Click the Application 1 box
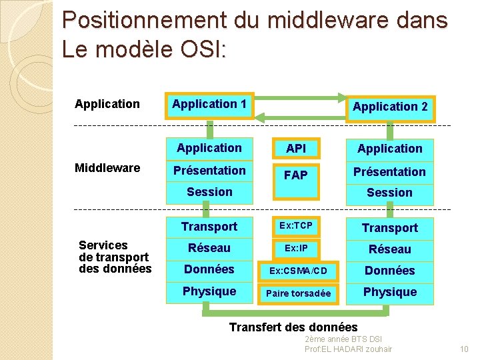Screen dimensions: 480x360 (x=209, y=104)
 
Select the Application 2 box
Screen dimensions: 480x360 (x=390, y=107)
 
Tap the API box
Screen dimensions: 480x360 (x=295, y=148)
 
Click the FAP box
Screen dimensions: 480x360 (x=295, y=175)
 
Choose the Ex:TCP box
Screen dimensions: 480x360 (x=295, y=226)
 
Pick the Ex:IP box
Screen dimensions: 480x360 (x=295, y=249)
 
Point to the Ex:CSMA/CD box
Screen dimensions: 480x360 (x=298, y=271)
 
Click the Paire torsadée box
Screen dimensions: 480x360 (x=298, y=293)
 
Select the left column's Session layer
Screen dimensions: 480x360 (x=209, y=192)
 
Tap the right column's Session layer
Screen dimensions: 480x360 (x=390, y=193)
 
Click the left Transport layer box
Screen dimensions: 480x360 (x=209, y=227)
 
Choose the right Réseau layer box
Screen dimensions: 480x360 (x=390, y=249)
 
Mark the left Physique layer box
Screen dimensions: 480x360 (x=209, y=291)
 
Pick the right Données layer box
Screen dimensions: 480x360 (x=390, y=271)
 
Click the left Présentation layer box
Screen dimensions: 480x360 (x=209, y=171)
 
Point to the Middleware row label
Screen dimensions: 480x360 (x=107, y=168)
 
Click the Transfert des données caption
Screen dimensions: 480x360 (x=293, y=327)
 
